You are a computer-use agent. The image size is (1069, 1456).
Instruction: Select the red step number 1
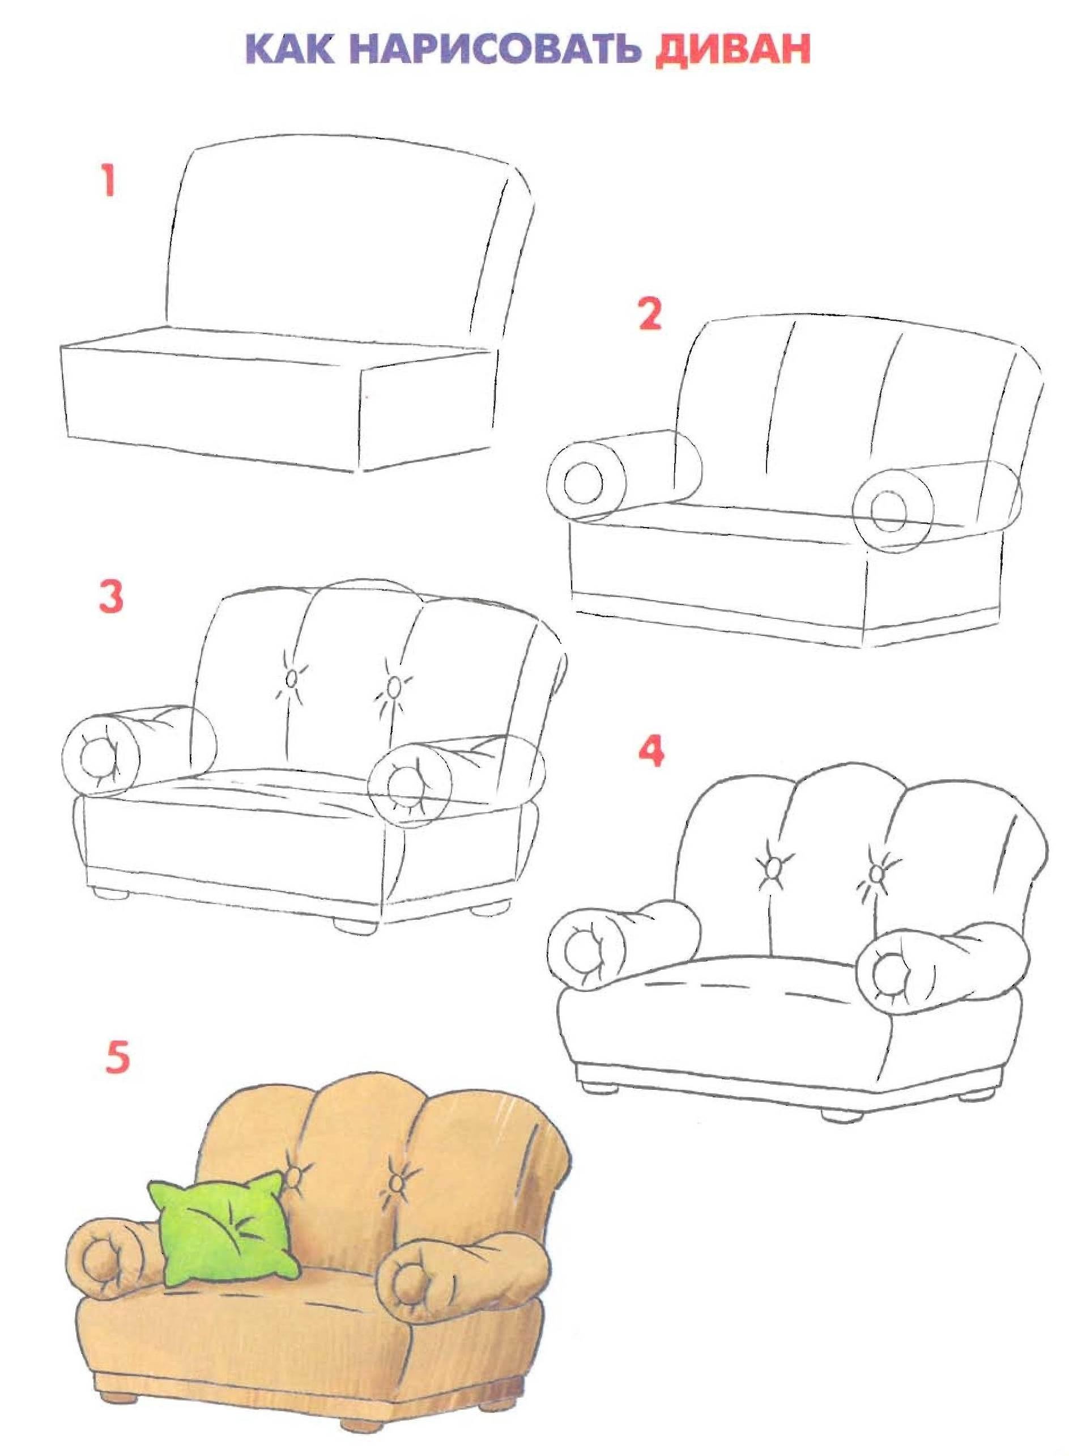pos(108,180)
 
